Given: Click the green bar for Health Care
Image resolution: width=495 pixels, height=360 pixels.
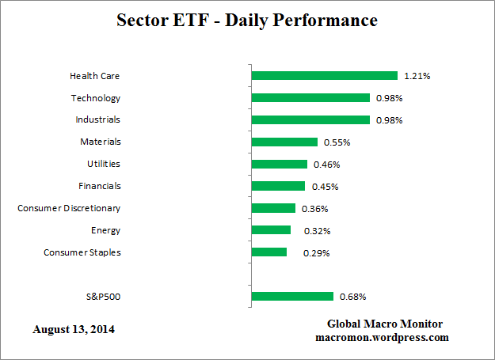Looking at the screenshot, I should [324, 76].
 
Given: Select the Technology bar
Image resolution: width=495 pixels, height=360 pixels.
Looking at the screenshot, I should [310, 98].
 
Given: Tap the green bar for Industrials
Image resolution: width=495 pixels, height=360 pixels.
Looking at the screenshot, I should [310, 120].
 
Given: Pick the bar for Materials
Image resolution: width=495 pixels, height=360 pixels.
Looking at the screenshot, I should [284, 142].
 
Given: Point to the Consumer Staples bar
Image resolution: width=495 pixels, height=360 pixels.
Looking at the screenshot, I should [269, 252].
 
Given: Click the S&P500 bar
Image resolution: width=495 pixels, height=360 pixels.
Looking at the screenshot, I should [292, 297].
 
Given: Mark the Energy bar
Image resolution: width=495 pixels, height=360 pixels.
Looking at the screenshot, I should [271, 230].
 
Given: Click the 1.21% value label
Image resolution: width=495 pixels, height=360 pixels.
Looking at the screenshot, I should [417, 76].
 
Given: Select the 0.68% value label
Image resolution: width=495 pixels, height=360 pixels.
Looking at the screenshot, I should [352, 297].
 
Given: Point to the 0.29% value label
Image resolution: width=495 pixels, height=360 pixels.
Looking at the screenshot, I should [317, 253].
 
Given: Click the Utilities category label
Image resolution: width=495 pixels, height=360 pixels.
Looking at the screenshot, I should [104, 164].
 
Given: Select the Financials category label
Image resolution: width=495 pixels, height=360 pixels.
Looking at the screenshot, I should [100, 186].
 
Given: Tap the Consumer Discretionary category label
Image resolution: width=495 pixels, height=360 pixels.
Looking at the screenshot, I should [69, 208].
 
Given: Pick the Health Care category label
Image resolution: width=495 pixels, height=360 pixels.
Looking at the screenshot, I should [95, 76].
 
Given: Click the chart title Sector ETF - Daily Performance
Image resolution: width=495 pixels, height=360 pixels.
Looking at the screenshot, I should [247, 20].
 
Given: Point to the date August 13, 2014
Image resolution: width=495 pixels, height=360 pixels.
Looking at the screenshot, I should [74, 328].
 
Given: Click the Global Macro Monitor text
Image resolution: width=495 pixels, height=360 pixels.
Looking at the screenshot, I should [385, 324].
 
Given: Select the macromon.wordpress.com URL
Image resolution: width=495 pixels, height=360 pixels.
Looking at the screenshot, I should [383, 337].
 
